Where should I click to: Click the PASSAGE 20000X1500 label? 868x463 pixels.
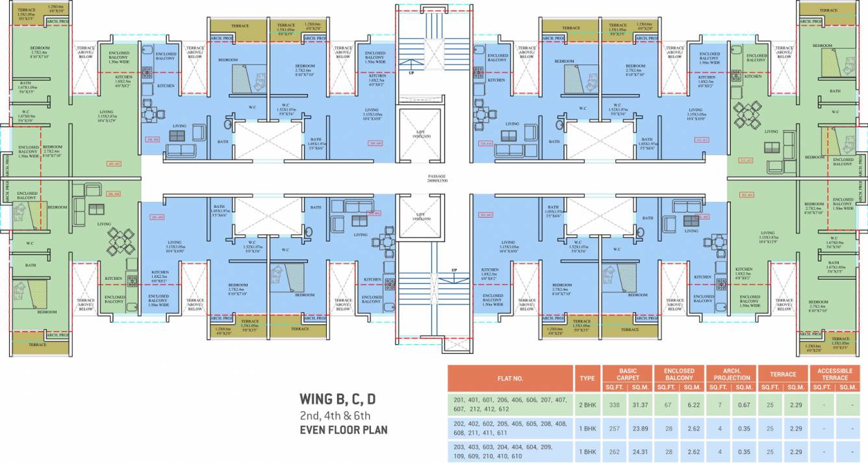437,178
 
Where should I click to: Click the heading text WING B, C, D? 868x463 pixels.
337,399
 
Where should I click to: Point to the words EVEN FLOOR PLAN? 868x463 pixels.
343,429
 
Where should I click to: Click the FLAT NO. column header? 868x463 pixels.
509,377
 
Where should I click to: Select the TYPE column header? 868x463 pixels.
587,377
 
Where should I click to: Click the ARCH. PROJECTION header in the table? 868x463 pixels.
732,374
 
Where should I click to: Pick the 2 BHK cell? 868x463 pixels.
587,405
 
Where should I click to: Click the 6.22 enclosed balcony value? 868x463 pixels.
692,405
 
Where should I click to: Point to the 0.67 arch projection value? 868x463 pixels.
745,405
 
